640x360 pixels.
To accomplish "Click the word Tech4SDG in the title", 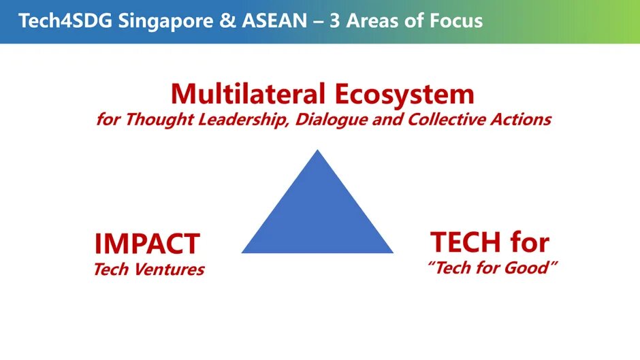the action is click(x=65, y=20).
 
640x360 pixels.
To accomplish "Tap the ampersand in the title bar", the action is click(x=227, y=21).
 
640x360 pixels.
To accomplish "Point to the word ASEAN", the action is click(x=274, y=21).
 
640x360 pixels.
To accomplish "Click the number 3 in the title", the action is click(x=335, y=21).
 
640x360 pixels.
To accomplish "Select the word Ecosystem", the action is click(x=404, y=95).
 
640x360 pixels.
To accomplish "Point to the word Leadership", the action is click(x=244, y=120).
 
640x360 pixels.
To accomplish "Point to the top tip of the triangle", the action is click(x=317, y=150).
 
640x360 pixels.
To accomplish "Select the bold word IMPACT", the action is click(x=147, y=244).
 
